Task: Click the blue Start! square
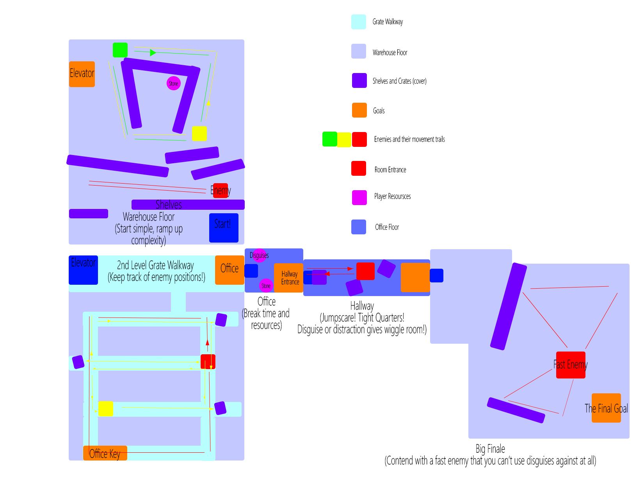point(224,228)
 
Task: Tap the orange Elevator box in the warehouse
point(82,74)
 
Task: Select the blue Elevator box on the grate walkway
point(83,270)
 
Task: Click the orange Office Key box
point(105,453)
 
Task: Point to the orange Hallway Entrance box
point(288,278)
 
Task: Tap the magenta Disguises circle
point(260,255)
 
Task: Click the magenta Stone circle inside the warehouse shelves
point(174,83)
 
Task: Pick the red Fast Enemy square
point(571,365)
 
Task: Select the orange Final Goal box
point(606,408)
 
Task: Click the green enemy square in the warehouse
point(120,50)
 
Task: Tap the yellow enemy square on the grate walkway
point(105,409)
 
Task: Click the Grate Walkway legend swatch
point(359,22)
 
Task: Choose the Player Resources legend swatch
point(359,198)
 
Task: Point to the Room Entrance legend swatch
point(359,168)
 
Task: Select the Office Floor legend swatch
point(359,227)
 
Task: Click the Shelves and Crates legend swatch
point(359,80)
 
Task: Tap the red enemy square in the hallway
point(365,271)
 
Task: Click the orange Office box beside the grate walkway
point(229,270)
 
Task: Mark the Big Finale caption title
point(490,449)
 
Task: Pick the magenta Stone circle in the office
point(266,286)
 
